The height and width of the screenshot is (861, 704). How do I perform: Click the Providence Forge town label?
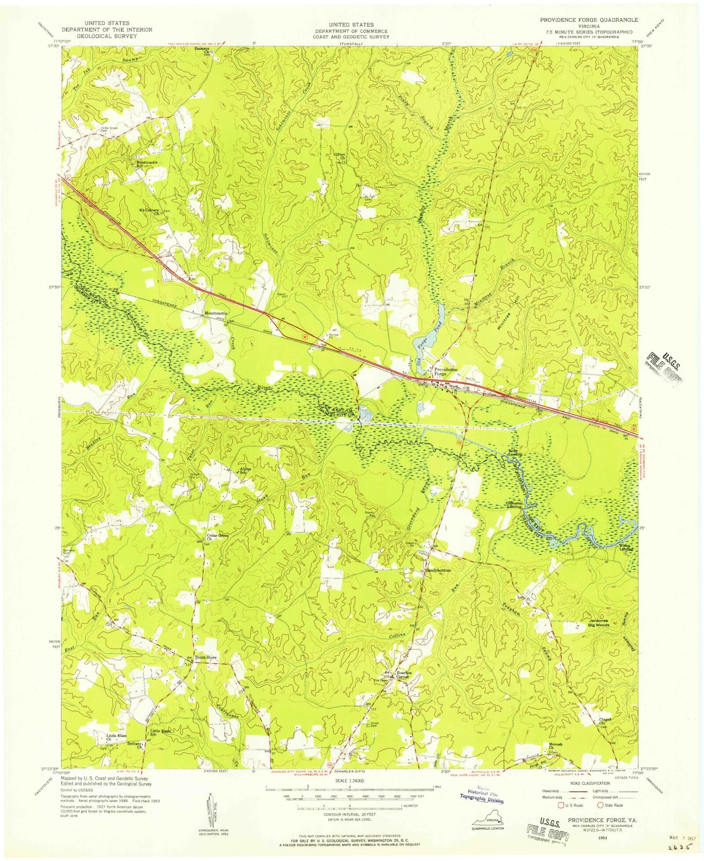pos(445,372)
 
